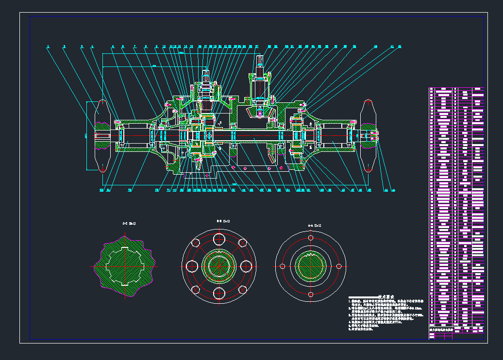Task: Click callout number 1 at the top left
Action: pos(48,47)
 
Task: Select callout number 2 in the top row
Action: pos(64,47)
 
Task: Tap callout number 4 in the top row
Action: pos(92,47)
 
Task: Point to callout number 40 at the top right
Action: pos(375,47)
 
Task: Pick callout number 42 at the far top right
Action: pos(399,47)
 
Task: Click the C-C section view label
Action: pos(129,224)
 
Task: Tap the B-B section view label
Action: pos(223,221)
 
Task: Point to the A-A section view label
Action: pos(315,226)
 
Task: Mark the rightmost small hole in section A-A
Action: pos(338,266)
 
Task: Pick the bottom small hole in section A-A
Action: pos(310,294)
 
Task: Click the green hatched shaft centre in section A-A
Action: pos(310,266)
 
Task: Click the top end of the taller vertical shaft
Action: pos(260,59)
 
